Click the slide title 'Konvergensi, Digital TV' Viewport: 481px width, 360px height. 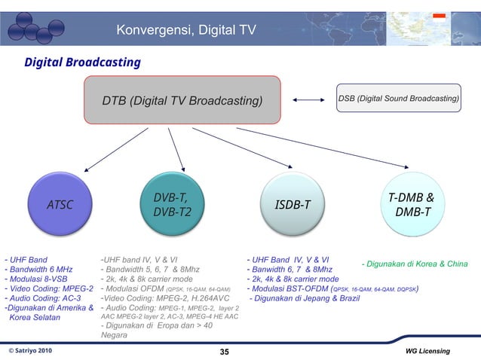tap(185, 30)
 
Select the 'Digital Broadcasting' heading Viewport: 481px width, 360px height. tap(82, 62)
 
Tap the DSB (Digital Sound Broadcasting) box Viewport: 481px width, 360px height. tap(399, 99)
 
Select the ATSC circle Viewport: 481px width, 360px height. tap(60, 204)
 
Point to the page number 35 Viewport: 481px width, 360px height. tap(224, 352)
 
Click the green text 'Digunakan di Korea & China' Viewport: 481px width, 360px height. tap(415, 264)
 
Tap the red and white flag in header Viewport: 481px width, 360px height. tap(439, 16)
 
